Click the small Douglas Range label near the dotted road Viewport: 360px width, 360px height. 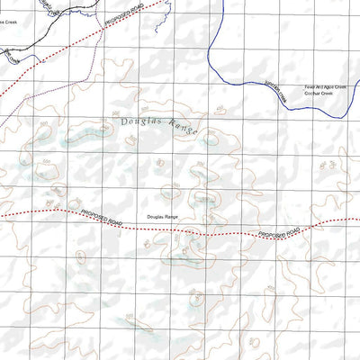tap(165, 218)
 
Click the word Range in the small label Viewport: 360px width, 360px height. tap(174, 218)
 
